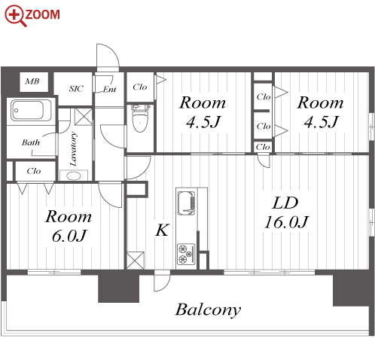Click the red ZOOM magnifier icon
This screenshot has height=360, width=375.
[16, 16]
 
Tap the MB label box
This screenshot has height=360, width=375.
[34, 82]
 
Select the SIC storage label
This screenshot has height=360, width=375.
[76, 89]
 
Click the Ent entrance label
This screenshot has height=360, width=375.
[110, 89]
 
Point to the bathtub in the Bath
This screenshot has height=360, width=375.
[31, 110]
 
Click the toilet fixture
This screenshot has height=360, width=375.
[141, 117]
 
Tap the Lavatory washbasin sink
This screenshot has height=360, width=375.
[74, 175]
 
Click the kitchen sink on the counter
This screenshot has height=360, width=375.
[186, 203]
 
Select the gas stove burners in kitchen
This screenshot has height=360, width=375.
[186, 254]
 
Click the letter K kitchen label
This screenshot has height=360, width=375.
[162, 230]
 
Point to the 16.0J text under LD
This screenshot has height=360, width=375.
[286, 222]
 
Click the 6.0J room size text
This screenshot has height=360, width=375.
[69, 236]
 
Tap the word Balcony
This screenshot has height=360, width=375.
[208, 310]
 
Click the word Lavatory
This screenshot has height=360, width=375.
[73, 149]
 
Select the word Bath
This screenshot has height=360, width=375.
[31, 142]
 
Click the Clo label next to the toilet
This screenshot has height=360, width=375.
[140, 87]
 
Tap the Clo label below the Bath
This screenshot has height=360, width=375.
[34, 171]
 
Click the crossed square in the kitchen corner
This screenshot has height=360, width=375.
[136, 261]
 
